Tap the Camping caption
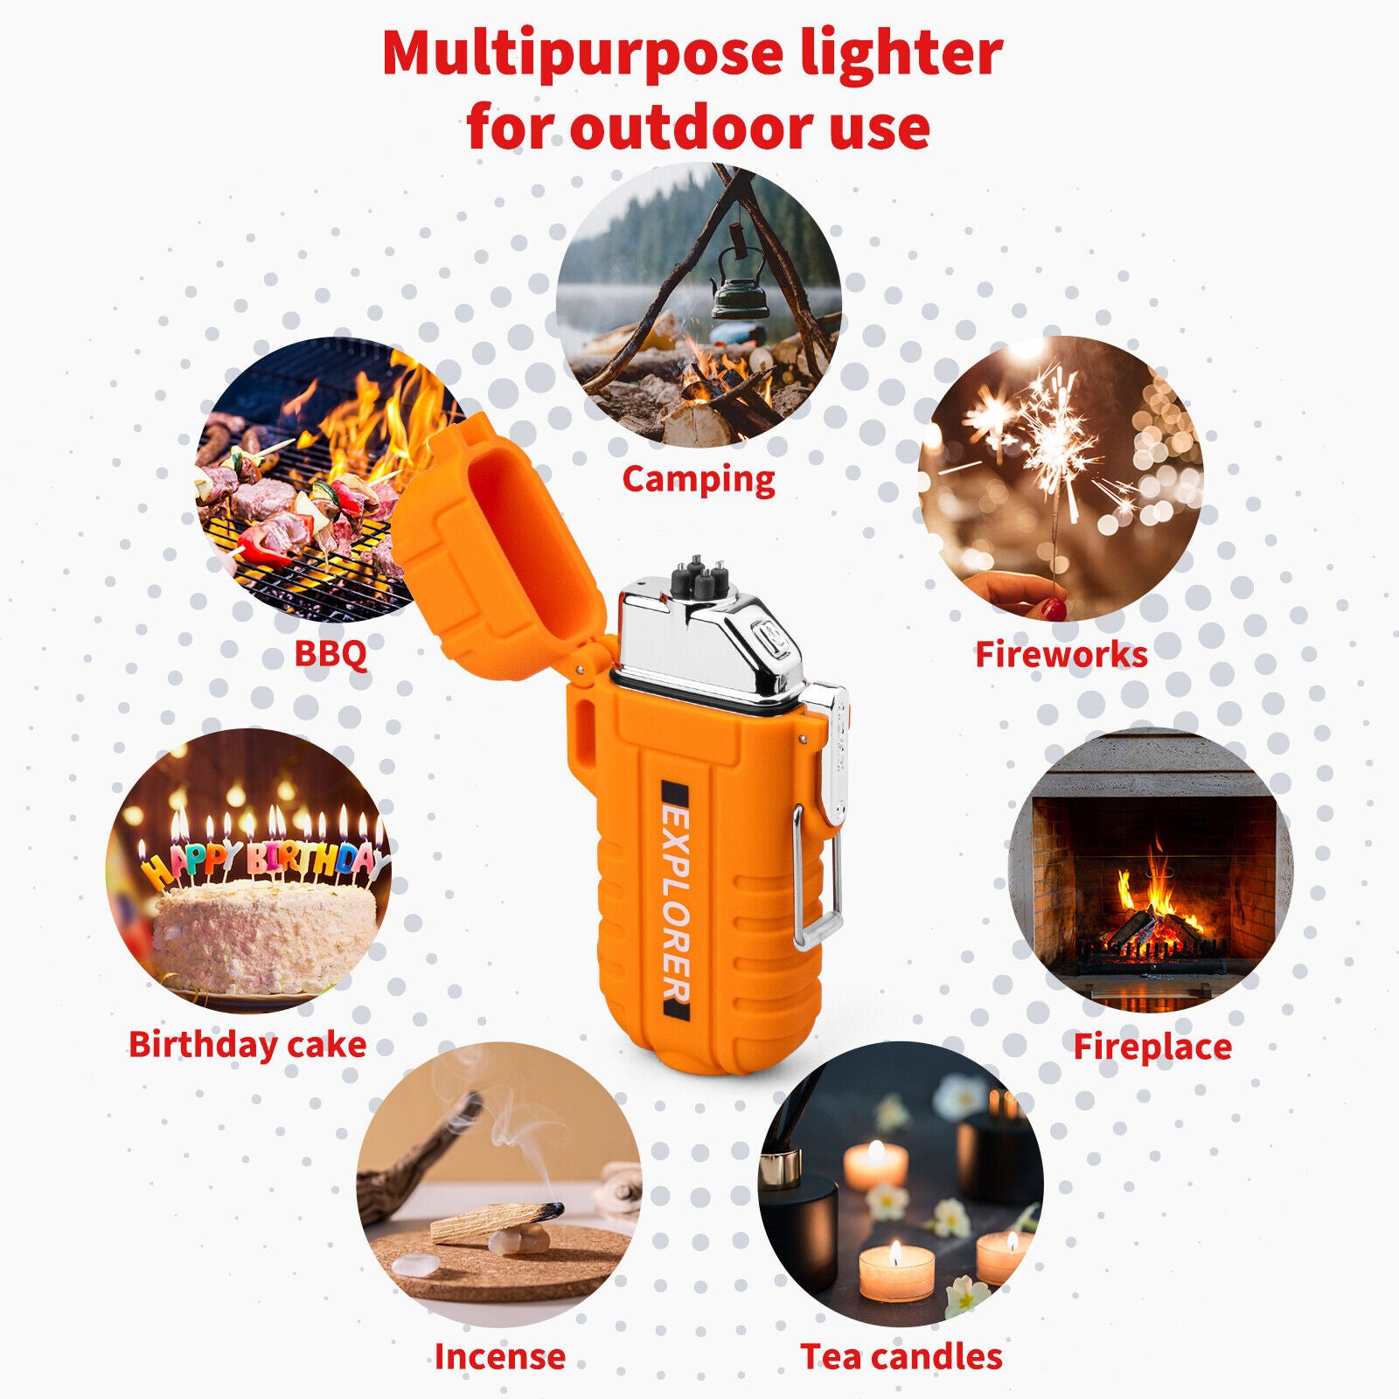coord(699,480)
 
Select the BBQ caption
coord(331,654)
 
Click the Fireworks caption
coord(1061,654)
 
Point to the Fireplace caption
coord(1152,1046)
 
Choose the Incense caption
coord(500,1356)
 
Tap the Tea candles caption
coord(901,1356)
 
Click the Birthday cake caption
coord(247,1045)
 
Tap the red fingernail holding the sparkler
coord(1056,609)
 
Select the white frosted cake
coord(265,936)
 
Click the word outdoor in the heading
coord(690,129)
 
